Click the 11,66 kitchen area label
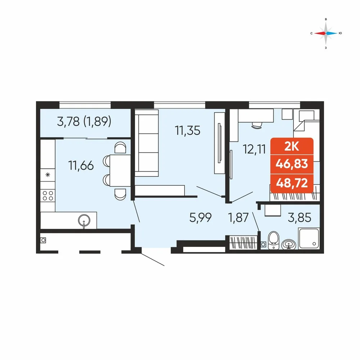[81, 166]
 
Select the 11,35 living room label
[188, 130]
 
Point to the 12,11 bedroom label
[255, 149]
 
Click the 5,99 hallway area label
[201, 217]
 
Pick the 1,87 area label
[238, 217]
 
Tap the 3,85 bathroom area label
[300, 217]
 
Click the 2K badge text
[292, 147]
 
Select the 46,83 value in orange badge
[292, 164]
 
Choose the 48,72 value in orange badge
[292, 183]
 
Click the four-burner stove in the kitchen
[48, 195]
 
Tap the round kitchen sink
[84, 221]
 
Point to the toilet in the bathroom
[274, 240]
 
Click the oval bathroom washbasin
[289, 244]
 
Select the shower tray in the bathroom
[309, 238]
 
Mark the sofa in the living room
[147, 143]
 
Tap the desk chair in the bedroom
[257, 125]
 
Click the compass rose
[326, 33]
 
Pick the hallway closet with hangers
[243, 243]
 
